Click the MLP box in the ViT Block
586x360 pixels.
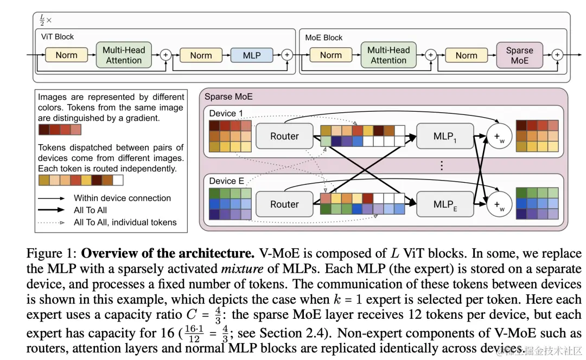coord(252,55)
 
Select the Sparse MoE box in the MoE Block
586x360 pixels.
coord(519,55)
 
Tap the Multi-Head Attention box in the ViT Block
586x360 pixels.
coord(124,55)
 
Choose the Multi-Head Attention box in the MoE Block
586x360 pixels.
coord(388,55)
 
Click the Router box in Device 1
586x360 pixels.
coord(284,136)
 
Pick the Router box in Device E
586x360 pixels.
coord(284,204)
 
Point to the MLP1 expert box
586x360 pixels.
coord(445,136)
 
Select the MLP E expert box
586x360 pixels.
coord(445,204)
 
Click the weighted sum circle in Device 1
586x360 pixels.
coord(499,136)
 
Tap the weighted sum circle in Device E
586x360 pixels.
coord(499,204)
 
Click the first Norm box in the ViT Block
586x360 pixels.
coord(67,55)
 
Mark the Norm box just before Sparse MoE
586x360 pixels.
coord(467,55)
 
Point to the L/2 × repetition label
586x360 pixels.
coord(45,20)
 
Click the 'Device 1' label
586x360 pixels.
coord(226,113)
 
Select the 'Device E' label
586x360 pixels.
coord(226,181)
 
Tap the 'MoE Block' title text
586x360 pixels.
coord(323,38)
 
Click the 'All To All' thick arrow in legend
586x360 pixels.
coord(51,210)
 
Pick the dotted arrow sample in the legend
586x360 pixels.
coord(51,223)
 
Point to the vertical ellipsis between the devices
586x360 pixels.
coord(441,165)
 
